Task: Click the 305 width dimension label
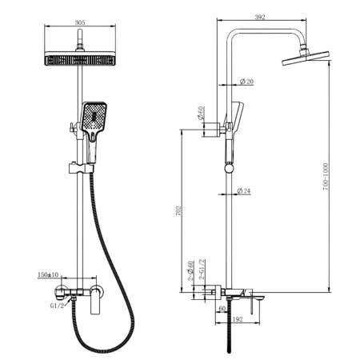coord(80,22)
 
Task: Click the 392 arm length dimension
coord(260,17)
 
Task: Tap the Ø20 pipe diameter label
coord(246,82)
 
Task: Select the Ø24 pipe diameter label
coord(244,191)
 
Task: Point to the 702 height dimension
coord(179,210)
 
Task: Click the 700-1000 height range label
coord(326,177)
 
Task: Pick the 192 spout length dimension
coord(238,319)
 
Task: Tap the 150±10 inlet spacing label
coord(48,274)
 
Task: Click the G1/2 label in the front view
coord(57,306)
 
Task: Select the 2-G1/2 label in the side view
coord(202,269)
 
